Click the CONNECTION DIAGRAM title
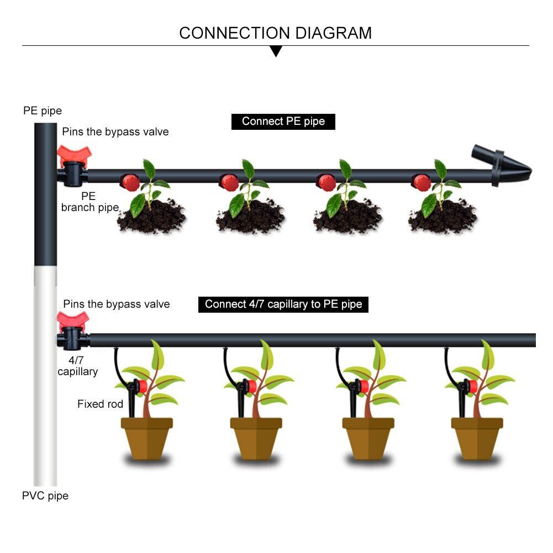pos(275,33)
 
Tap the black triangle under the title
pos(276,51)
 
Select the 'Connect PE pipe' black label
pos(283,122)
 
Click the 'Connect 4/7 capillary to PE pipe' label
pos(283,304)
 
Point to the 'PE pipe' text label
pos(43,111)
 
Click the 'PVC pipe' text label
pos(45,496)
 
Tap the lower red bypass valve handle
pos(73,320)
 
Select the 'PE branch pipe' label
pos(89,202)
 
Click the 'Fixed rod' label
pos(100,404)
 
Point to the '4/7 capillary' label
pos(78,366)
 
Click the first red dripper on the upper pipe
pos(130,181)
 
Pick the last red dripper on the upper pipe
pos(422,181)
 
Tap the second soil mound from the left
pos(250,218)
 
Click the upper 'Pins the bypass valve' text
pos(115,132)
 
